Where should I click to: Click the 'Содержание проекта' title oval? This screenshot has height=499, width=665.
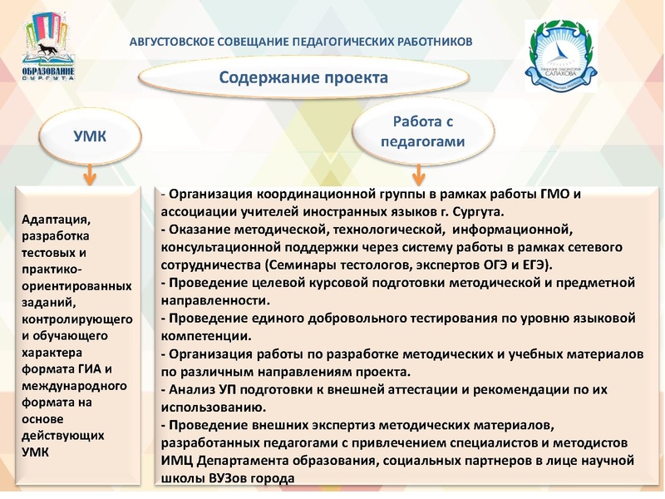pyautogui.click(x=303, y=78)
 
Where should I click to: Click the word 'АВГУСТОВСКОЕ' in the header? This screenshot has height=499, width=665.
pyautogui.click(x=175, y=41)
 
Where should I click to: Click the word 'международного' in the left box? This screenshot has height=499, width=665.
pyautogui.click(x=73, y=386)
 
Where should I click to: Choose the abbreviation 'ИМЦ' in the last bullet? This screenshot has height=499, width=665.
pyautogui.click(x=180, y=461)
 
